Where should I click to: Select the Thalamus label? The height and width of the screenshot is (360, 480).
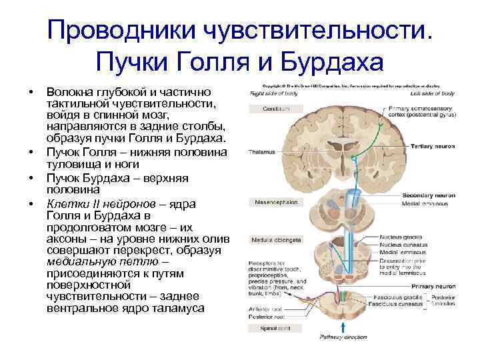pyautogui.click(x=261, y=152)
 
